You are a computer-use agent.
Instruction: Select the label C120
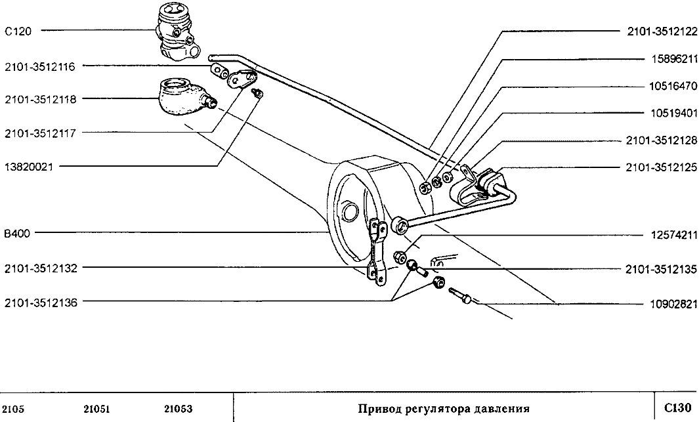[x=14, y=30]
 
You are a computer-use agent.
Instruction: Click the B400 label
[x=15, y=233]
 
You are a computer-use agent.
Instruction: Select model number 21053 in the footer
[x=177, y=409]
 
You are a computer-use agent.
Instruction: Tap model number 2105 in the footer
[x=14, y=409]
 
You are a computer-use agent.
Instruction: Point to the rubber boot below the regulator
[x=181, y=98]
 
